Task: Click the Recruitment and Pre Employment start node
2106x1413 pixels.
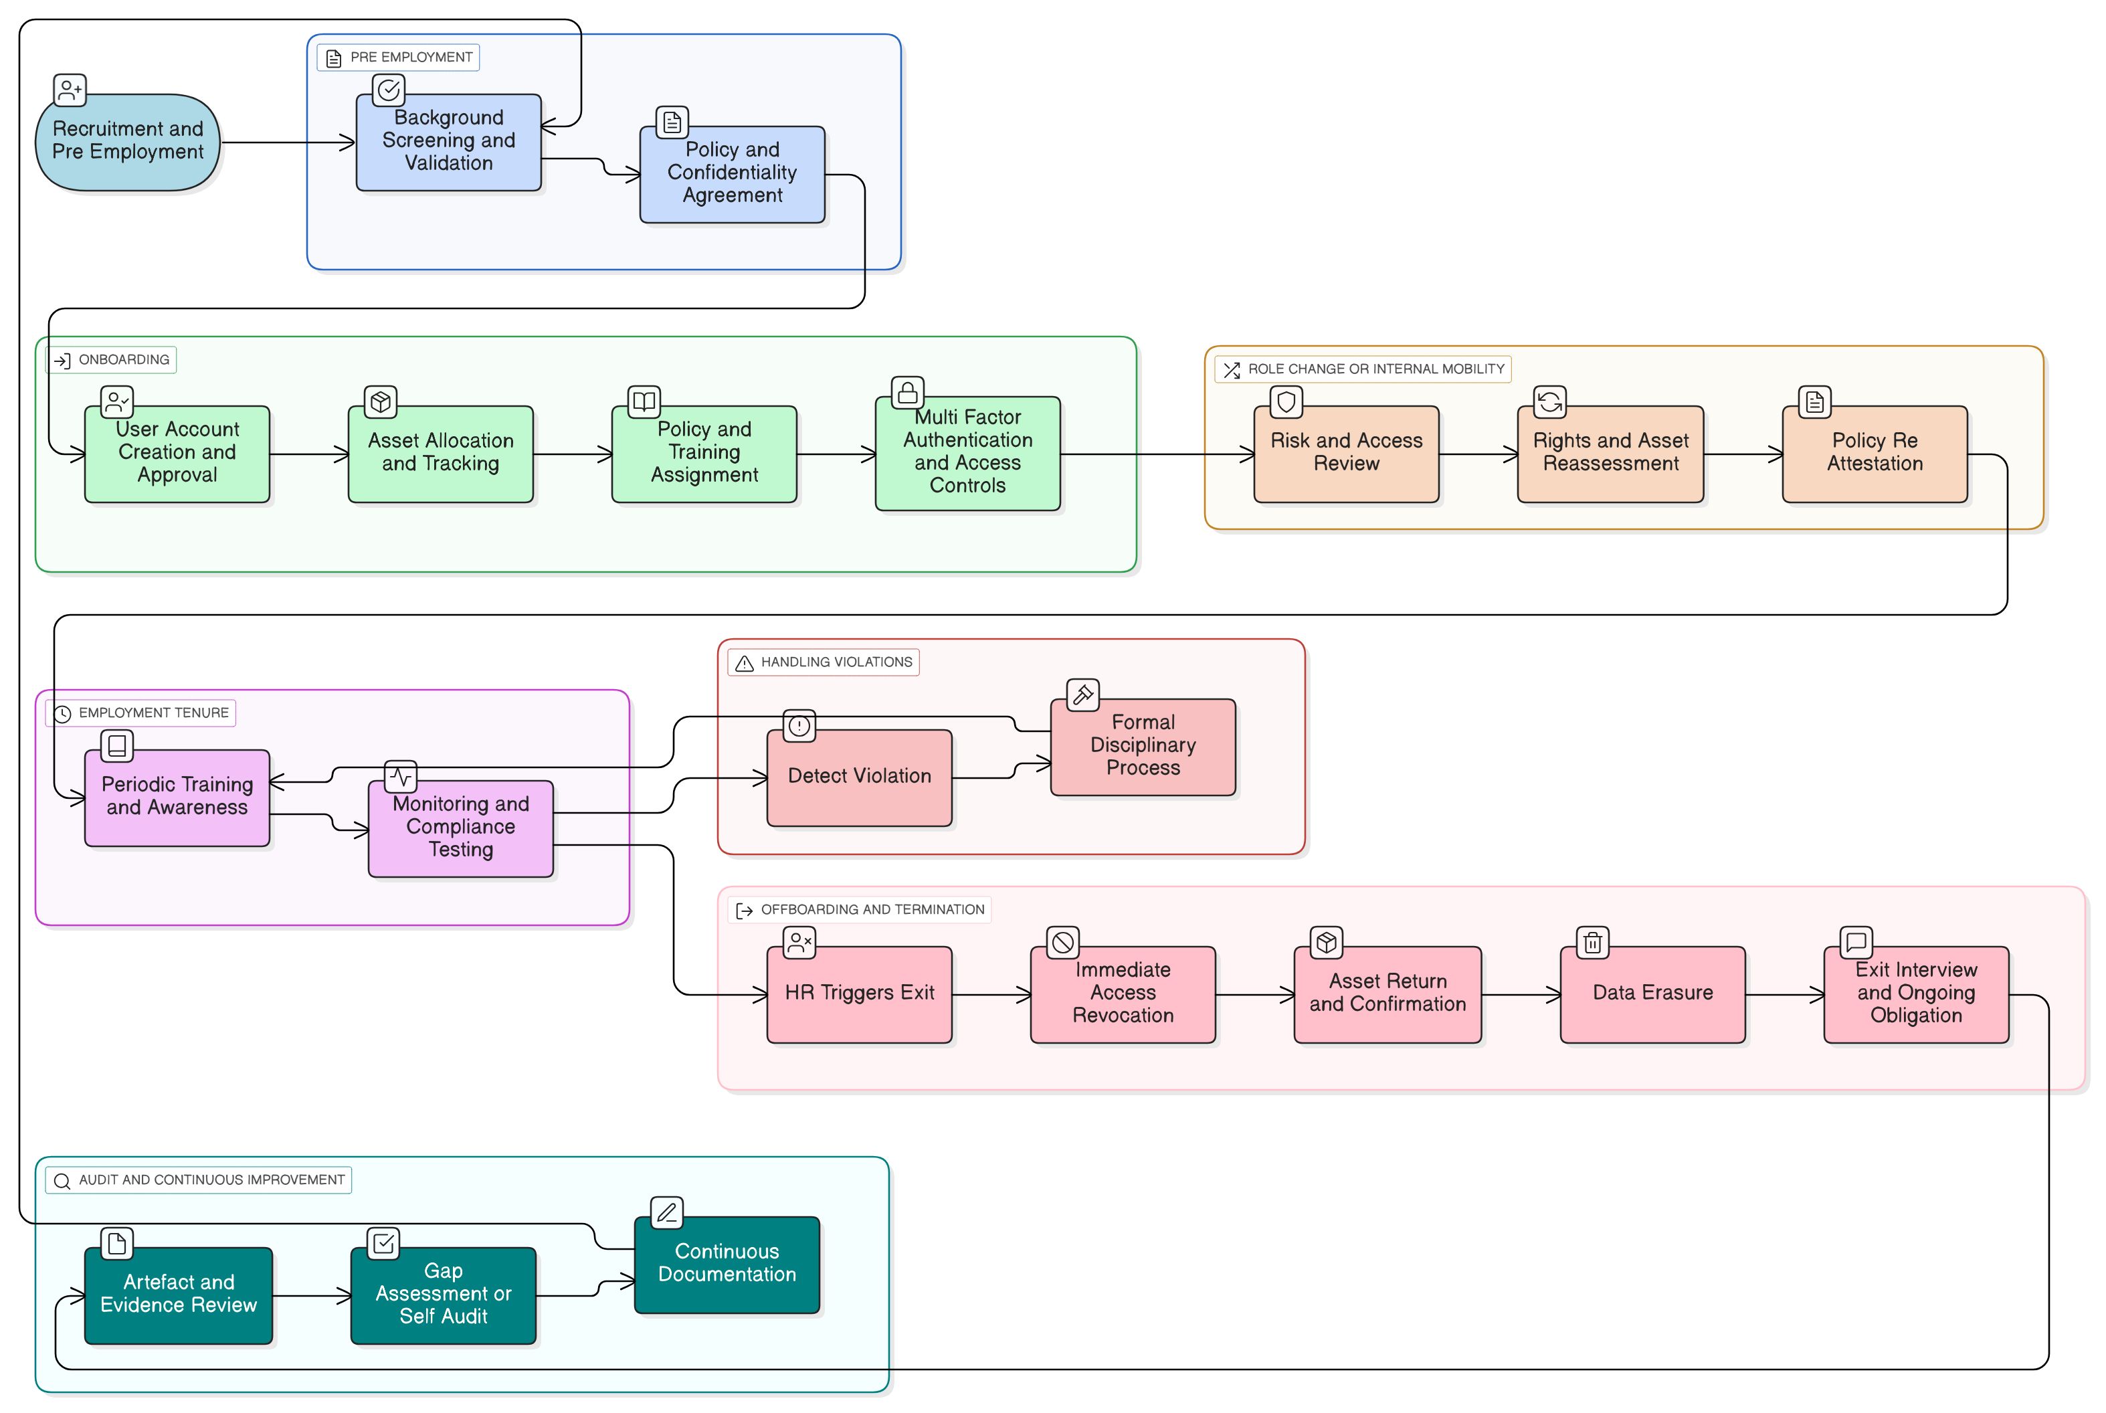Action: tap(128, 141)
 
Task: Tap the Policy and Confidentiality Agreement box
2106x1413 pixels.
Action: tap(732, 173)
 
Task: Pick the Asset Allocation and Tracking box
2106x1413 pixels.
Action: tap(441, 454)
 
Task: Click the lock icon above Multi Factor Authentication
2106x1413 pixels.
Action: tap(907, 393)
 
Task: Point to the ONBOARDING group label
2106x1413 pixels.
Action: tap(112, 359)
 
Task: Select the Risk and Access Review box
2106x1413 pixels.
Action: tap(1346, 454)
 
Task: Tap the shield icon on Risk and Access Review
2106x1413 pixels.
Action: tap(1286, 402)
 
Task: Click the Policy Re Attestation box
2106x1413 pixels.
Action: tap(1875, 454)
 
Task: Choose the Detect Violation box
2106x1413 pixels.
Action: tap(859, 777)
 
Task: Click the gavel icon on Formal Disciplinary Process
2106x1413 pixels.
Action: tap(1082, 694)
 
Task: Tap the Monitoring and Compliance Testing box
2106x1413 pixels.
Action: tap(460, 827)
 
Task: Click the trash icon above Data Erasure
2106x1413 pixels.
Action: tap(1592, 943)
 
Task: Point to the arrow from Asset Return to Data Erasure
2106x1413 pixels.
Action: tap(1521, 995)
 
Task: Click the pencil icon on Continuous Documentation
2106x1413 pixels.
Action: tap(667, 1213)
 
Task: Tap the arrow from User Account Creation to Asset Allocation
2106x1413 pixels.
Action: tap(309, 454)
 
